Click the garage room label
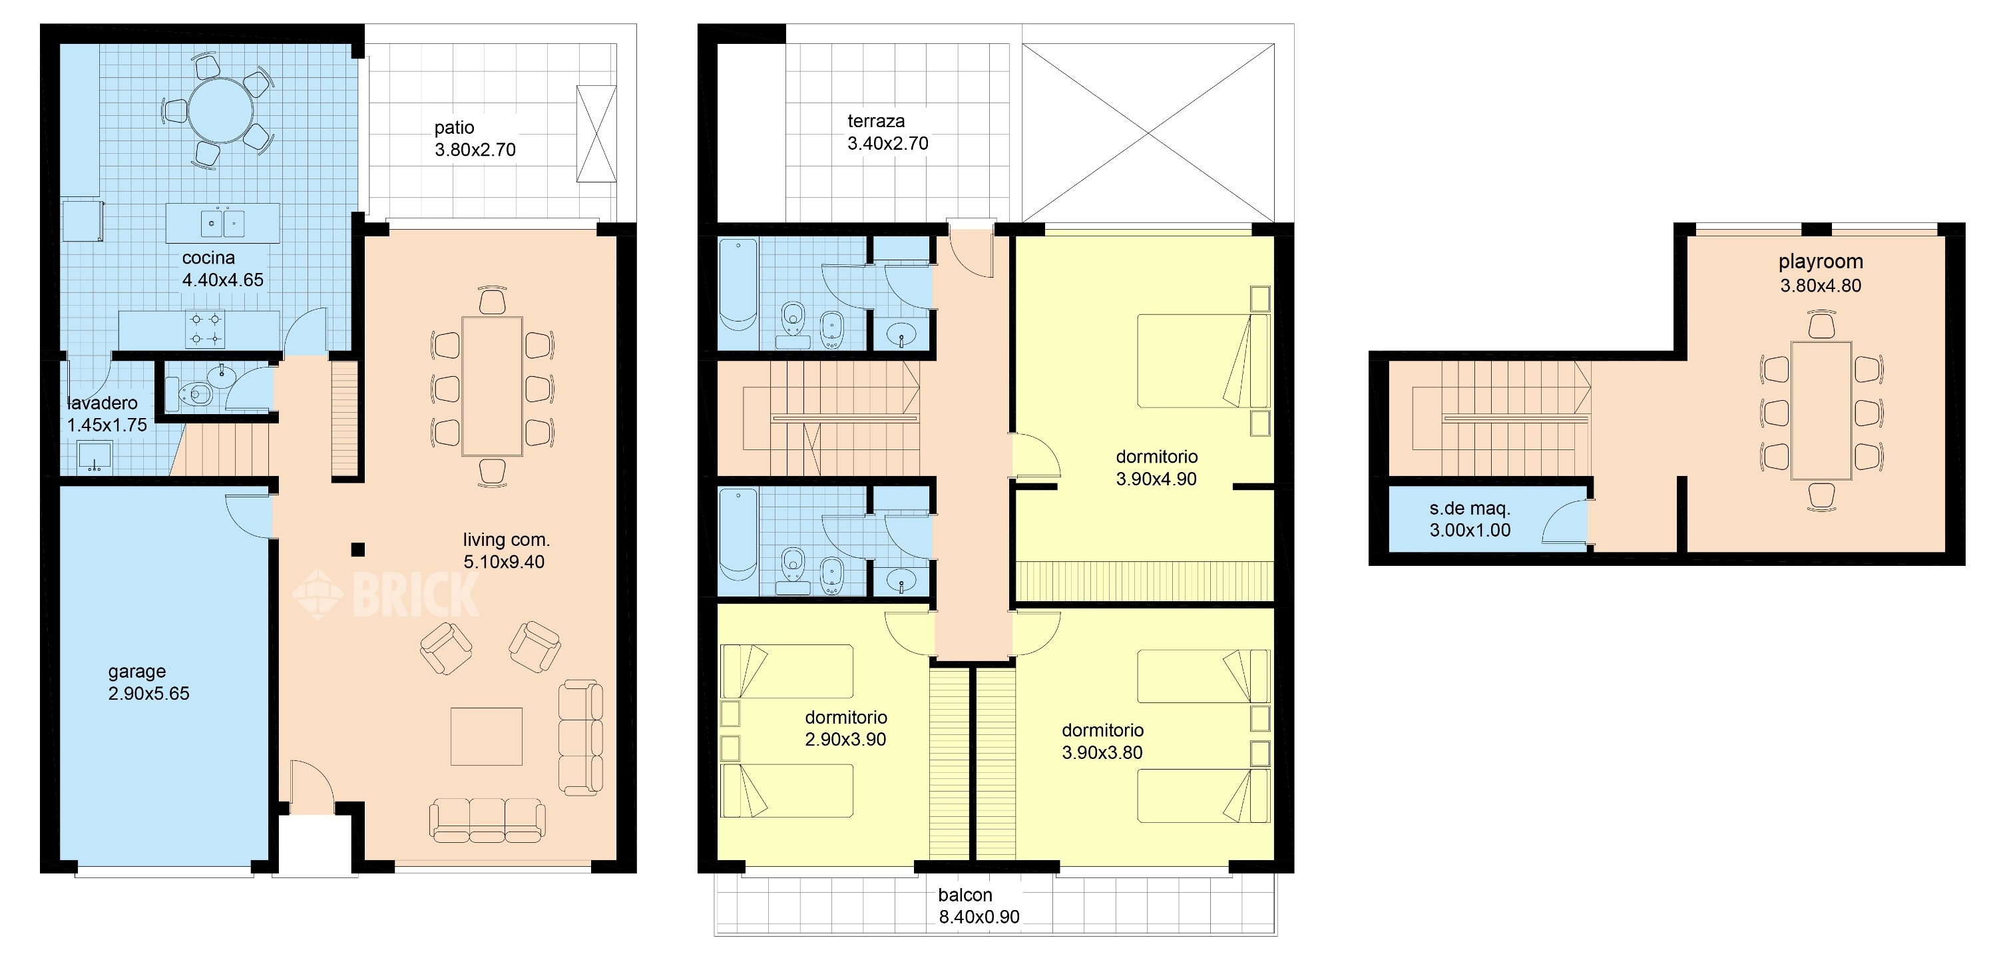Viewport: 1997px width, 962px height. point(137,671)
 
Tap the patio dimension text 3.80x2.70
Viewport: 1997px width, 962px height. point(475,150)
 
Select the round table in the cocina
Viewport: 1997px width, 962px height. point(221,110)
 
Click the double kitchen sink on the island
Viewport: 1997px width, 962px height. point(222,223)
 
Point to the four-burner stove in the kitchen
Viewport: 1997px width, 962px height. point(206,330)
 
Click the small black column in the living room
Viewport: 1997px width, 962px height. point(357,550)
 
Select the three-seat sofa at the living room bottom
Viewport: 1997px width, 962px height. point(487,821)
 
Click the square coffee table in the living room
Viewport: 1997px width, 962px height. point(486,736)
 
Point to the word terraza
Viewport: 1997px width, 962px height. point(876,121)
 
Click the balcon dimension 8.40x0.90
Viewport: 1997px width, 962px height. point(979,917)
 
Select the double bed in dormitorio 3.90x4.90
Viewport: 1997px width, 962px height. point(1203,360)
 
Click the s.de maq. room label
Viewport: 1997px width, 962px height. point(1470,509)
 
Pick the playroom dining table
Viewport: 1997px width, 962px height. point(1821,411)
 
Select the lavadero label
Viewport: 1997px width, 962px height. point(103,403)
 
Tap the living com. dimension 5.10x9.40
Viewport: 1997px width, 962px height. point(504,562)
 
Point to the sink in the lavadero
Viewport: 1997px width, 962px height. point(95,457)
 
